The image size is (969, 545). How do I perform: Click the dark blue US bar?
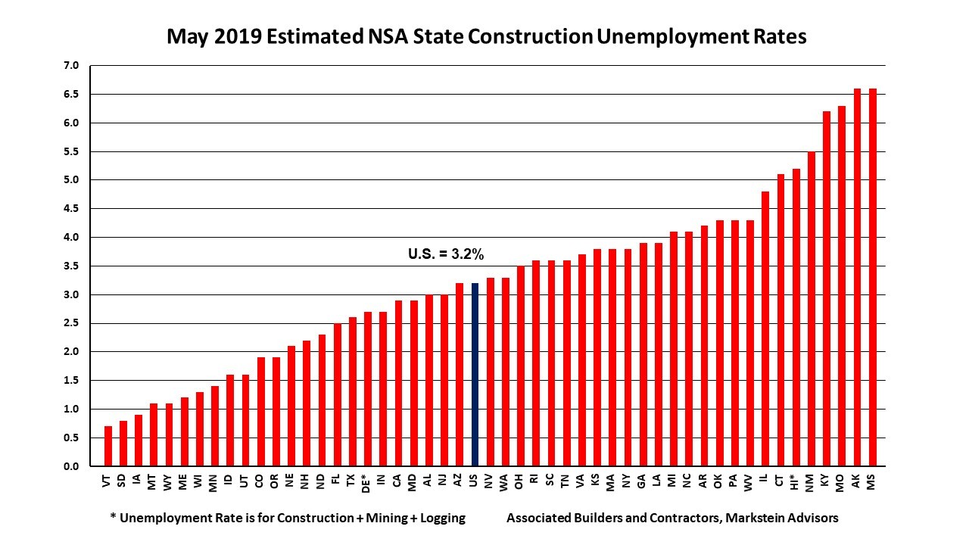pyautogui.click(x=475, y=375)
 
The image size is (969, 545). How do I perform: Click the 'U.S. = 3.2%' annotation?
pyautogui.click(x=446, y=255)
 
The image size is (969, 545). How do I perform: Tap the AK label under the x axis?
pyautogui.click(x=857, y=483)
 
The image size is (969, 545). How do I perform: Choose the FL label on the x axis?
pyautogui.click(x=337, y=483)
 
